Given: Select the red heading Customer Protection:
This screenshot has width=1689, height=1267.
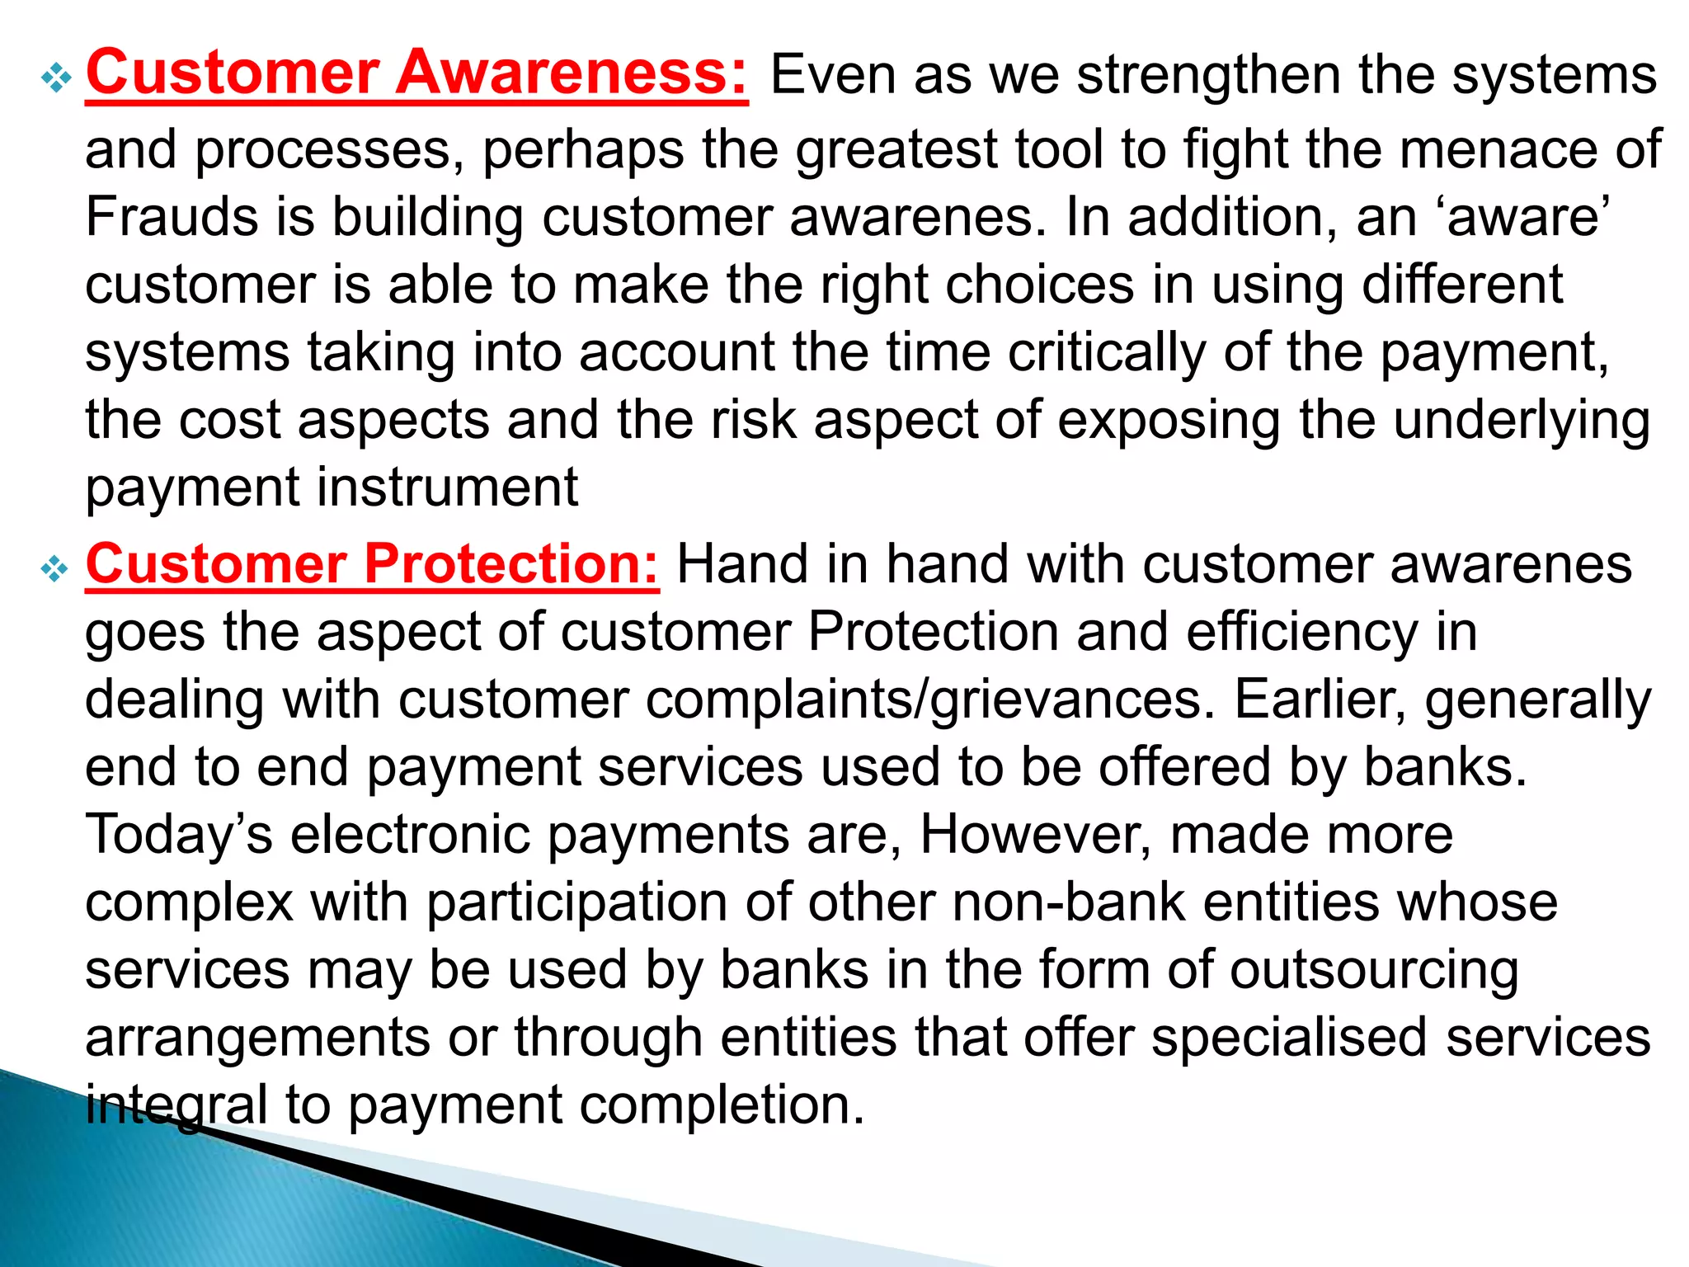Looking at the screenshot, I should [x=372, y=564].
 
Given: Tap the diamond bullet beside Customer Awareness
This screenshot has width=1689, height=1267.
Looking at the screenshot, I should [x=56, y=78].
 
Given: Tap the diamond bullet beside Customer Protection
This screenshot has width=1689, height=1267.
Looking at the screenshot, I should [x=56, y=569].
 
